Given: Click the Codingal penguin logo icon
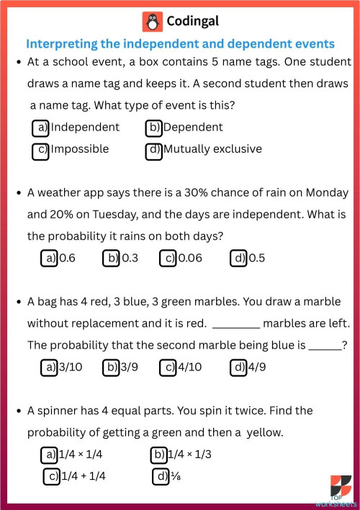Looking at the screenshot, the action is coord(151,22).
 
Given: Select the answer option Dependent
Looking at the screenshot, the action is coord(192,127).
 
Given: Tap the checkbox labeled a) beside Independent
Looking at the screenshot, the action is coord(41,127).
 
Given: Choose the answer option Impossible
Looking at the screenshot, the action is coord(79,149).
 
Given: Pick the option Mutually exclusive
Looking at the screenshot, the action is coord(212,149).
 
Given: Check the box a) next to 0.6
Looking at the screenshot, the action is coord(49,259).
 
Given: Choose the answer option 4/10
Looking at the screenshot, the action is coord(190,367).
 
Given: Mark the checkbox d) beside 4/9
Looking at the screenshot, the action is coord(238,367).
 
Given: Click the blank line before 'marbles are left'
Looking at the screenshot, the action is coord(236,325).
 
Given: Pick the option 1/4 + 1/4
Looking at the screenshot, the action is coord(83,476).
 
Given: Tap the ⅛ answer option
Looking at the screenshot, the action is coord(174,476).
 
